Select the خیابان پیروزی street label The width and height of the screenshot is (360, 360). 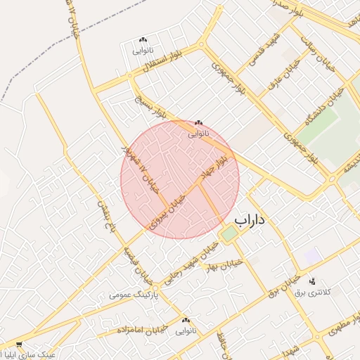click(167, 210)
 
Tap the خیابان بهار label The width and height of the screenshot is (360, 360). click(224, 264)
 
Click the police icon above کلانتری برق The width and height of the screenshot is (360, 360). click(312, 281)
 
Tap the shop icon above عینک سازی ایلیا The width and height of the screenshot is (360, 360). click(19, 345)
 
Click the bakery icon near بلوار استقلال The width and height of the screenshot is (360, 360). click(143, 40)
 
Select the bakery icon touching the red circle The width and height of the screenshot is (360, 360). click(198, 122)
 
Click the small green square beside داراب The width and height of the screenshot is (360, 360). click(228, 233)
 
